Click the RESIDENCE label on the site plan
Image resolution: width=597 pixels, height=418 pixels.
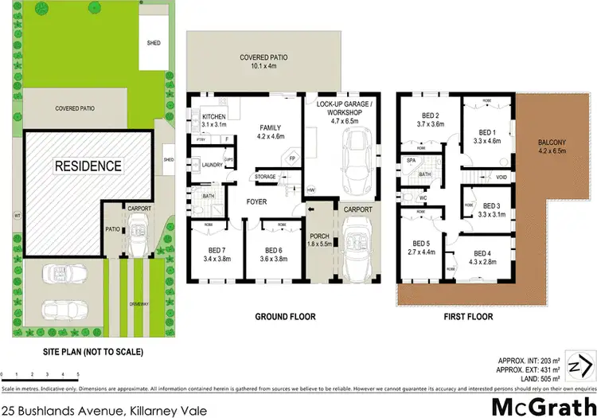pyautogui.click(x=88, y=166)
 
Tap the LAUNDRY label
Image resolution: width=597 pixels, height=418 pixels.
pyautogui.click(x=213, y=165)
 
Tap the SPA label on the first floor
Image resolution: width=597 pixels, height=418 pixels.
pyautogui.click(x=412, y=161)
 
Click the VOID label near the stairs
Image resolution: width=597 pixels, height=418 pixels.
pyautogui.click(x=501, y=177)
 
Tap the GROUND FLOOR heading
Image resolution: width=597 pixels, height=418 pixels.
pyautogui.click(x=285, y=317)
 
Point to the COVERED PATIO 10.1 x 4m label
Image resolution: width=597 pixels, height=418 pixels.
pyautogui.click(x=263, y=62)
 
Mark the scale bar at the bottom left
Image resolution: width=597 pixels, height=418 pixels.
pyautogui.click(x=40, y=373)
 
